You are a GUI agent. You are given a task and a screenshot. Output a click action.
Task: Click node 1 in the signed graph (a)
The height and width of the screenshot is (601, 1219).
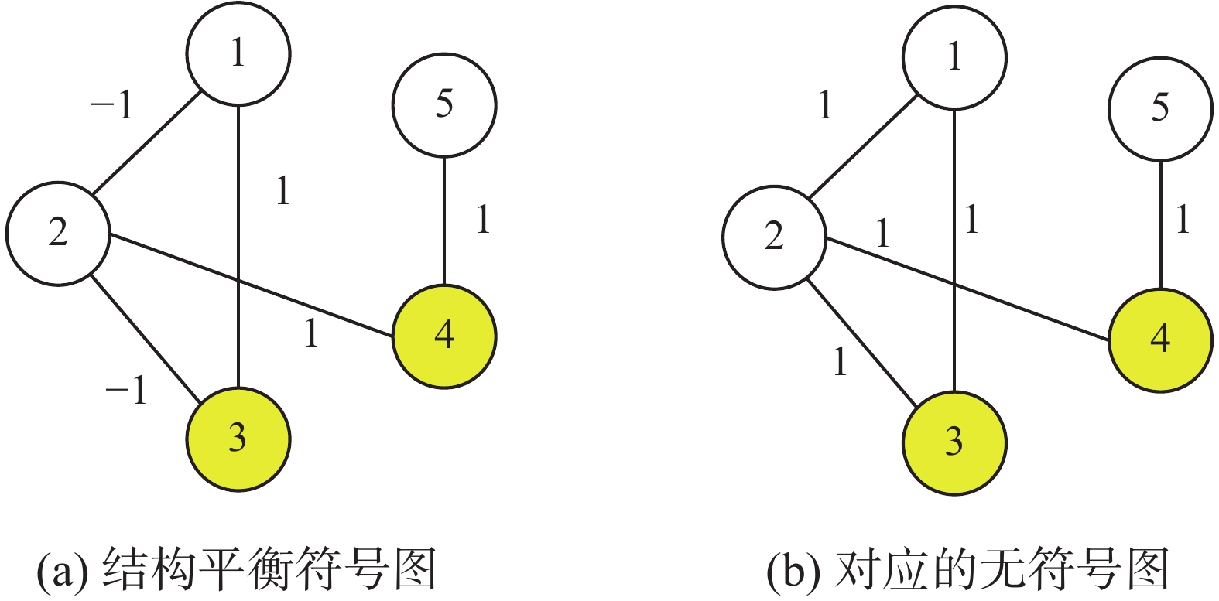(238, 53)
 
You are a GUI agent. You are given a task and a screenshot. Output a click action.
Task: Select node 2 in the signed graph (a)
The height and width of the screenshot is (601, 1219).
(58, 233)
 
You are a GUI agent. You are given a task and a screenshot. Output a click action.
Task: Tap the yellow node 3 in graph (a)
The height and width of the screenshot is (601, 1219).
(238, 439)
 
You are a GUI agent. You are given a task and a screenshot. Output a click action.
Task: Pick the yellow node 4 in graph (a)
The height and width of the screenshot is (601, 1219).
(443, 336)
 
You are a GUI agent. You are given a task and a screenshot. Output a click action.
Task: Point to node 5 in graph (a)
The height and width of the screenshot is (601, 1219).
(443, 104)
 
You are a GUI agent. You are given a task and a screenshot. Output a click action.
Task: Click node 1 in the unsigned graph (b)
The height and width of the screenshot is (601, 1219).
(954, 56)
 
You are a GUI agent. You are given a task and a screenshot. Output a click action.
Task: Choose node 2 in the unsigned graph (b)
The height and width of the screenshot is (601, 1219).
(774, 237)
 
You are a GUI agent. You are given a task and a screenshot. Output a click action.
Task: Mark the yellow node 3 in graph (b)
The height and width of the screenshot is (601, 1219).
(954, 442)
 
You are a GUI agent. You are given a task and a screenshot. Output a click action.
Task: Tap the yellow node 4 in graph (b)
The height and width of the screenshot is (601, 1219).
(1159, 340)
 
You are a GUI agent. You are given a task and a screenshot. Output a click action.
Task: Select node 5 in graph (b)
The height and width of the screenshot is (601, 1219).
(1159, 108)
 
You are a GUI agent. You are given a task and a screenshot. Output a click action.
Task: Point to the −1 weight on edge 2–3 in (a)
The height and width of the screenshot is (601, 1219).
(126, 391)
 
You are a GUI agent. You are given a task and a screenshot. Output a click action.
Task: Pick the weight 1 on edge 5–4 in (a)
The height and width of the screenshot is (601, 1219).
(484, 220)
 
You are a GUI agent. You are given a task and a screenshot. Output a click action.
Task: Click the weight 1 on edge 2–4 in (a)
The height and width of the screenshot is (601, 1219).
(311, 333)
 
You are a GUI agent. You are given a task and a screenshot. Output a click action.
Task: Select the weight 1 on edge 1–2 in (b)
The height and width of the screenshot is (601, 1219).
(826, 105)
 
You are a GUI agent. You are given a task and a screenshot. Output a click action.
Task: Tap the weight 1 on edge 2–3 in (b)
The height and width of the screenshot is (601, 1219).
(841, 361)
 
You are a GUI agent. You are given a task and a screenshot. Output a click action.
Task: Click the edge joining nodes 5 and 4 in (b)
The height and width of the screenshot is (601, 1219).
(1159, 224)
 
